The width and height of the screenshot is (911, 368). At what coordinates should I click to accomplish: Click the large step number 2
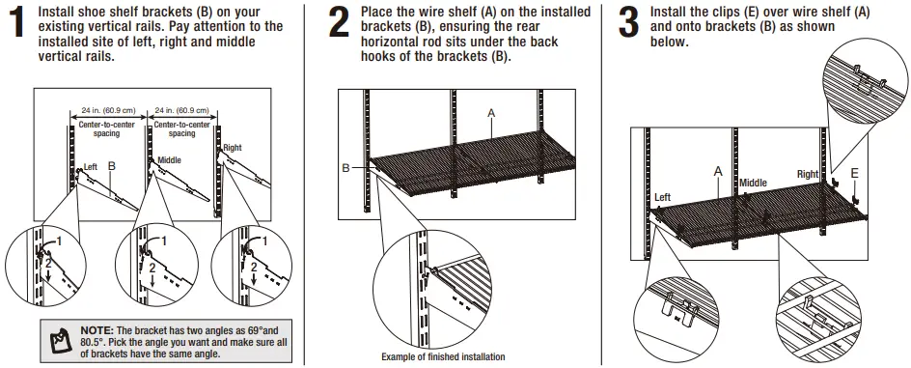339,23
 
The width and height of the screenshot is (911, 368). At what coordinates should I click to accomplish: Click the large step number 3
627,23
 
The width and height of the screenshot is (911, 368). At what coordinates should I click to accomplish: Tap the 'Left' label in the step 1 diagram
91,167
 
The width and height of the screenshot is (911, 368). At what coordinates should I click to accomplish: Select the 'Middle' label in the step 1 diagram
170,160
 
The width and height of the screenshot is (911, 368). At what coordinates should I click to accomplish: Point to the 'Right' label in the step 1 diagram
234,149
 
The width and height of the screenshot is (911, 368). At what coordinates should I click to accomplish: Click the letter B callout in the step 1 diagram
112,166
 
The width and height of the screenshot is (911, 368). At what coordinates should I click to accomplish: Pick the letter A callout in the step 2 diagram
491,113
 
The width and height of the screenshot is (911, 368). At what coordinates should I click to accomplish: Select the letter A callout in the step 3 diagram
717,170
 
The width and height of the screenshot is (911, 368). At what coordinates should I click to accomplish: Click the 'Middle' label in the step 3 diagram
753,183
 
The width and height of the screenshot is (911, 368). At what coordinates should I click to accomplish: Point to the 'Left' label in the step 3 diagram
662,197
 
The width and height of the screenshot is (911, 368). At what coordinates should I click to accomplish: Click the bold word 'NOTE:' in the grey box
98,330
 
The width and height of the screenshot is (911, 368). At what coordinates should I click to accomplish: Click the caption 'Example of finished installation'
442,357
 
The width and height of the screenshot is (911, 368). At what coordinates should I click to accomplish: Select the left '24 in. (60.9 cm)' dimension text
106,111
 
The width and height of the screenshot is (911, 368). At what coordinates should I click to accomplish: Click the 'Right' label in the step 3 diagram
808,175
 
